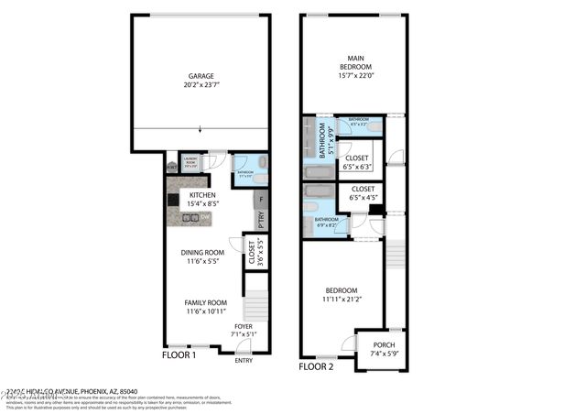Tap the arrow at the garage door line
point(200,129)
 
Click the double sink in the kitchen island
point(191,218)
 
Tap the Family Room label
point(205,307)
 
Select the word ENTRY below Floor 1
point(244,360)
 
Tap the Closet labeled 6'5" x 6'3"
point(356,162)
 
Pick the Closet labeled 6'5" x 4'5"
point(364,193)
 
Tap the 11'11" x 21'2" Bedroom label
point(342,295)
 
